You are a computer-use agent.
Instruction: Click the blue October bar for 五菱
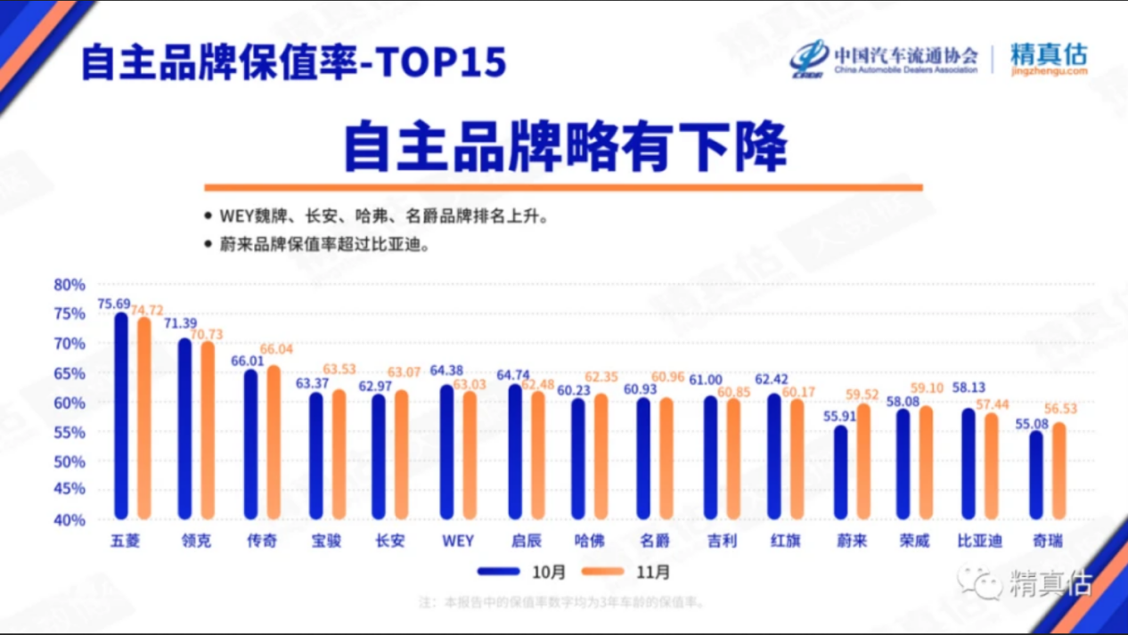121,417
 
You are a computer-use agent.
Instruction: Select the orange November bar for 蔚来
863,461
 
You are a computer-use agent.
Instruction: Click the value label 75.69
113,304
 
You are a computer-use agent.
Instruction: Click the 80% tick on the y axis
69,285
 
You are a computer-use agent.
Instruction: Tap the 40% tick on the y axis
69,519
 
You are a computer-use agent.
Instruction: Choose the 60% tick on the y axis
69,403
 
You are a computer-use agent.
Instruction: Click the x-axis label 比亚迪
979,541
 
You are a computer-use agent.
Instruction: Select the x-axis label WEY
458,541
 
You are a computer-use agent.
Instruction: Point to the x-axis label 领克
196,541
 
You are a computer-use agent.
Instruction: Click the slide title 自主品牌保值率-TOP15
294,63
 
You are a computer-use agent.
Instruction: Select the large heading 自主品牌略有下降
565,148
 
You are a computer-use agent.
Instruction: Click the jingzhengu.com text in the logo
1049,71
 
